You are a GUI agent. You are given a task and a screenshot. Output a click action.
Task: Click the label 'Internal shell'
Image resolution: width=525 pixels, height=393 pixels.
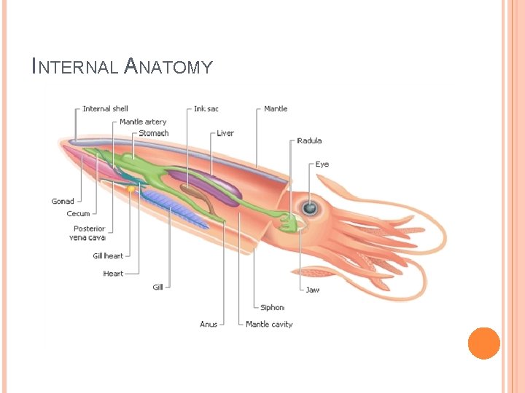105,109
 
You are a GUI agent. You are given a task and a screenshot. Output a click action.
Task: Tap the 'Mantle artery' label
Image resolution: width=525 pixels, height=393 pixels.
143,122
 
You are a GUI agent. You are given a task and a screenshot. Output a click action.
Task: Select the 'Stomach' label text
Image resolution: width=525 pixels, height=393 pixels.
153,133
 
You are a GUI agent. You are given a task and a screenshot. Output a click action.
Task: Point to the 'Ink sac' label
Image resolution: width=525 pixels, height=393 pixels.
206,109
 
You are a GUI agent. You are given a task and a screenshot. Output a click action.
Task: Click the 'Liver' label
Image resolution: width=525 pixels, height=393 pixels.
225,133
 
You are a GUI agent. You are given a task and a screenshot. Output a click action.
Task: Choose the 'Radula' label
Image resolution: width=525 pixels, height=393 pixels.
309,140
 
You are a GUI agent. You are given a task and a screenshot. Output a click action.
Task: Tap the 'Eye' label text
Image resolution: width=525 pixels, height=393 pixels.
322,164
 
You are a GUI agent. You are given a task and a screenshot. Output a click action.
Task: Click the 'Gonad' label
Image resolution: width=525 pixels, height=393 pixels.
63,201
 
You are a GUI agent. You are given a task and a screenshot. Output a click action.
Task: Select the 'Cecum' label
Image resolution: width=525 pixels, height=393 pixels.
78,213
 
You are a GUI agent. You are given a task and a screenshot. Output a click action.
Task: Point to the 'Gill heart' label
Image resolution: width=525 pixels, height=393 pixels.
108,256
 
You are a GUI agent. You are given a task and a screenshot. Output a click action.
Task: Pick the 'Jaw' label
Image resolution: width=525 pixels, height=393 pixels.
312,290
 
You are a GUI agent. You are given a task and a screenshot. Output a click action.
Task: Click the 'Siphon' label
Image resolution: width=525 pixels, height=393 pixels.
272,307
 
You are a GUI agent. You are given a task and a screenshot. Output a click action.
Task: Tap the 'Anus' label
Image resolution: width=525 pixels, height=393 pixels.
209,324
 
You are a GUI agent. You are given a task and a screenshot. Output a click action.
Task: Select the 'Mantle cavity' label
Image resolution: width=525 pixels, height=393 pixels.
269,324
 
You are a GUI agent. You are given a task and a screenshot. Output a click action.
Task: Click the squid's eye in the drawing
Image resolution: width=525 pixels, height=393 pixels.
310,209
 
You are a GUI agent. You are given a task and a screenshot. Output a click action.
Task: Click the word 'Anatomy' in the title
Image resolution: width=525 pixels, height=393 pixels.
168,67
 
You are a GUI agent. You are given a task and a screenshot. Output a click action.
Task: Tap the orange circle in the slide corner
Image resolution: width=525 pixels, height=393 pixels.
483,343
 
